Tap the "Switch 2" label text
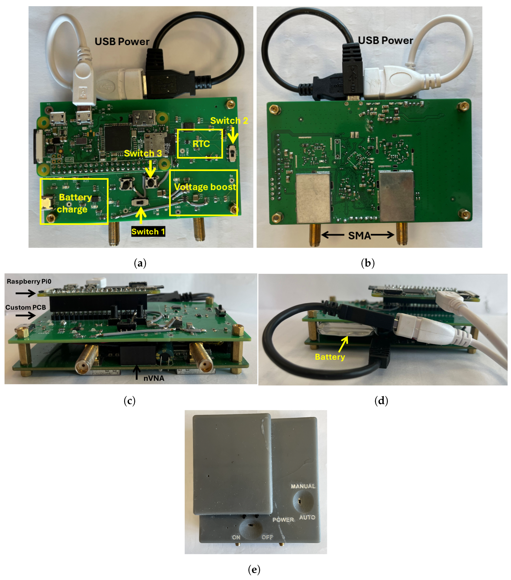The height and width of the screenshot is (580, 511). click(x=229, y=121)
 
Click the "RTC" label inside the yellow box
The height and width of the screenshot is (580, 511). click(x=201, y=144)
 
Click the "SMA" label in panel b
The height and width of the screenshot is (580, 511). click(x=359, y=236)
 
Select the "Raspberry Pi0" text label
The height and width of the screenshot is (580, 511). click(x=29, y=281)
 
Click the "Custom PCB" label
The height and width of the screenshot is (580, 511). click(x=26, y=307)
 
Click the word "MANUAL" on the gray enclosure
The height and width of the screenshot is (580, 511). click(x=303, y=486)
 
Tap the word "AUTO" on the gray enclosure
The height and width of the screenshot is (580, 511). click(x=307, y=517)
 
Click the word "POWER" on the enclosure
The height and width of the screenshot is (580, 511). click(x=283, y=520)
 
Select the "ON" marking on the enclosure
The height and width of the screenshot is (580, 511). click(x=236, y=537)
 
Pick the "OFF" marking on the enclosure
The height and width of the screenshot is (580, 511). click(x=267, y=537)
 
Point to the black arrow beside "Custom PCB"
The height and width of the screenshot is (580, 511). click(x=26, y=315)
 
